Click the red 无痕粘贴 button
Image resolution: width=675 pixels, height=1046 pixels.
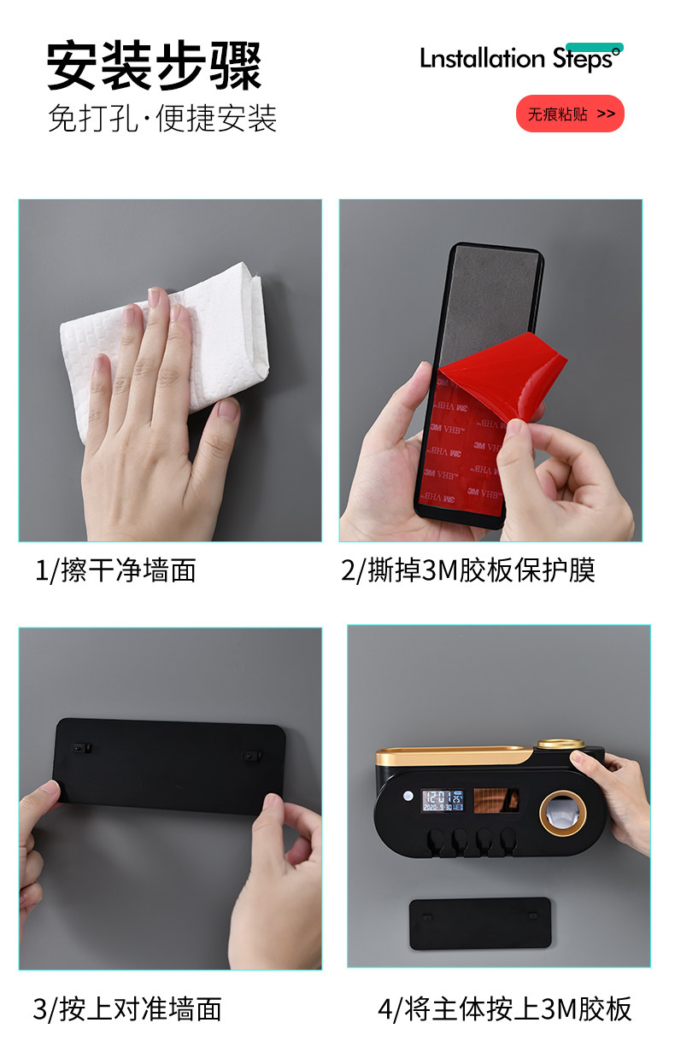(570, 114)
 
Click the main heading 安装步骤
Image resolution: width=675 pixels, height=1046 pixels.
(154, 66)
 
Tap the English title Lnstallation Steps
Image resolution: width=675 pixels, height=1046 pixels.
(521, 59)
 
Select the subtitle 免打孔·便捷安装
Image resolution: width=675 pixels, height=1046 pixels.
(162, 118)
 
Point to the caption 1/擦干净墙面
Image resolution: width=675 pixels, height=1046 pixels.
(115, 570)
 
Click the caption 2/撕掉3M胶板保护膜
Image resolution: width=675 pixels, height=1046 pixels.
(468, 570)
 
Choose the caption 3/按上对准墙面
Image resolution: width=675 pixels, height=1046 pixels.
(127, 1008)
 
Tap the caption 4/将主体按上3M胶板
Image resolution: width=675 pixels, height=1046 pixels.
(504, 1008)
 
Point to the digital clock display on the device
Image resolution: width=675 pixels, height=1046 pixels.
(443, 800)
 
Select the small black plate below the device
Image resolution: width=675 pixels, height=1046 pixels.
(480, 923)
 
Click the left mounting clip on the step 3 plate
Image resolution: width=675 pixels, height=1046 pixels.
(82, 748)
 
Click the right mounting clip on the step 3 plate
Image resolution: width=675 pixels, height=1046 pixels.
(251, 755)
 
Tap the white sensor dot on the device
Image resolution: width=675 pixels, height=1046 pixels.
(408, 795)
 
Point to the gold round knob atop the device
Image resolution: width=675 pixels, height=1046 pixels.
(561, 744)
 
